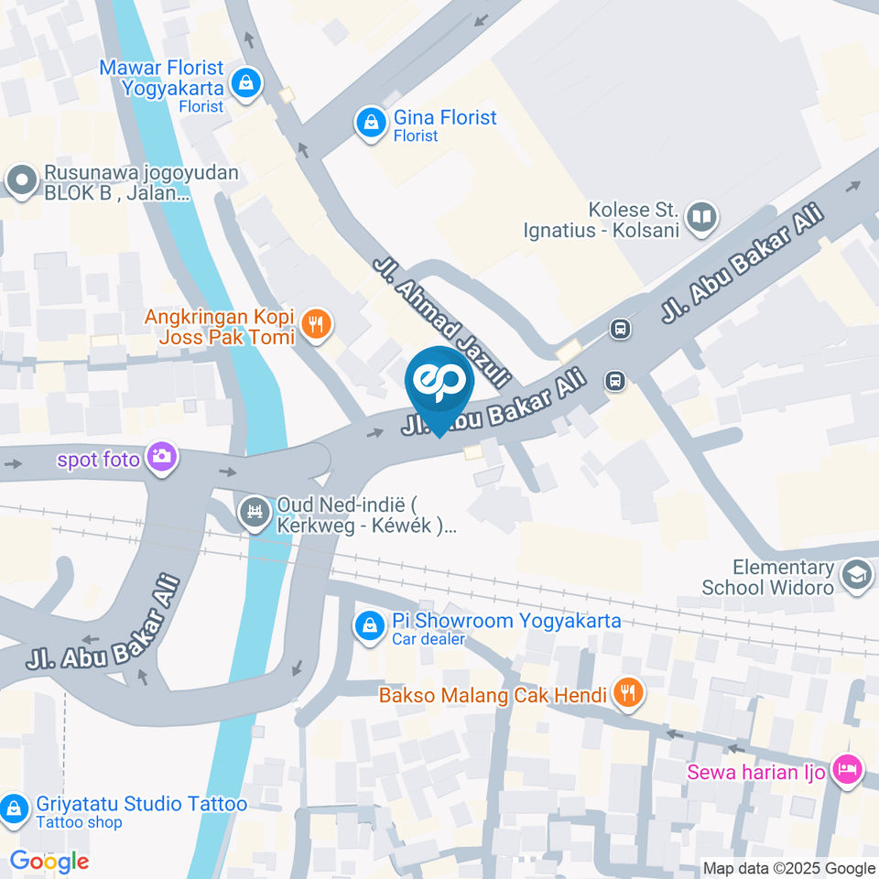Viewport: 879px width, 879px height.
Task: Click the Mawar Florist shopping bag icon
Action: point(245,84)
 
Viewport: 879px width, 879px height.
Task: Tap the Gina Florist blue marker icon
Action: point(371,123)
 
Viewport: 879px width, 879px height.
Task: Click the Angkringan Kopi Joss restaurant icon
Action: point(317,324)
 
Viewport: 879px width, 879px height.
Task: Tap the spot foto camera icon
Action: point(162,456)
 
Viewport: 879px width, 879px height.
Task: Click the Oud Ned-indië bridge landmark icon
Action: point(253,514)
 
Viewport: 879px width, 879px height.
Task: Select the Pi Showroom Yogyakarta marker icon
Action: point(369,625)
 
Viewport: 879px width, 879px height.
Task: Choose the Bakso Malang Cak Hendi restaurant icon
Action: point(627,695)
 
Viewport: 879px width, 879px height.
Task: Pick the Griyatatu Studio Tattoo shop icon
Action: point(14,809)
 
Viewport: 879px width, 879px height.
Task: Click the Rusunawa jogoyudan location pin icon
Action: point(19,180)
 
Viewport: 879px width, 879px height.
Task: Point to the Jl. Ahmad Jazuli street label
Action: point(441,320)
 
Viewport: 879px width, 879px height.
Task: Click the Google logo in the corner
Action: point(49,861)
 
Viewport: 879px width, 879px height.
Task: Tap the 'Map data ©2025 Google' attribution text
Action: point(788,868)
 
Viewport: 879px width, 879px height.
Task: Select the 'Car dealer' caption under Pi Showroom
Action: point(429,639)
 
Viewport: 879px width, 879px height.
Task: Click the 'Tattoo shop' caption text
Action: point(80,822)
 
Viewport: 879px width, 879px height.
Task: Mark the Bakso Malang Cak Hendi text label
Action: point(494,696)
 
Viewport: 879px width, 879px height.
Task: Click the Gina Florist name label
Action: point(445,117)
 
